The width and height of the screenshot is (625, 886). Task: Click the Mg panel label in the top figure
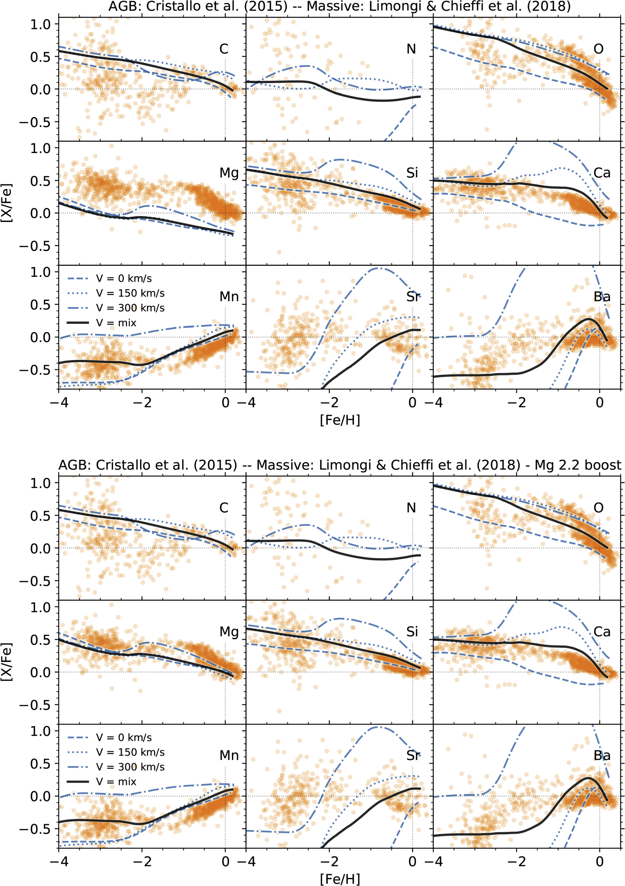[229, 173]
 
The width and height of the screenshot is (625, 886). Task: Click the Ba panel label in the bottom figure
[602, 755]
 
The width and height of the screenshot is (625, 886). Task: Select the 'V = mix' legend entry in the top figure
[116, 322]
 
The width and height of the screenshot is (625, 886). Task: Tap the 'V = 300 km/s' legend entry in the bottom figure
[130, 767]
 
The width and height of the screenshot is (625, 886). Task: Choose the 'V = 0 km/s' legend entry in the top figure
[124, 279]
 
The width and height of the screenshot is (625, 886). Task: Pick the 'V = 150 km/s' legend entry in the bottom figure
[130, 752]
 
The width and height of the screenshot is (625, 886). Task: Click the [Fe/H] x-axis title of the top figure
[340, 420]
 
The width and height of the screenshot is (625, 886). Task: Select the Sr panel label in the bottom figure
[413, 755]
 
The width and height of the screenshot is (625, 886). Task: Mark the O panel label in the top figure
[598, 49]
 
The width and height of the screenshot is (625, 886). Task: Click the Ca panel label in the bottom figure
[602, 632]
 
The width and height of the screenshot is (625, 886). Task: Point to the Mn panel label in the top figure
[229, 296]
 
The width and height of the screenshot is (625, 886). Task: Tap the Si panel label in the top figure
[412, 173]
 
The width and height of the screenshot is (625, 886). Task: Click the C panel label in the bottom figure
[224, 508]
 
